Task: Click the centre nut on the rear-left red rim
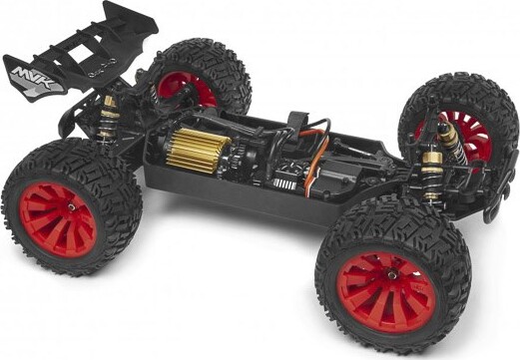coord(72,206)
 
